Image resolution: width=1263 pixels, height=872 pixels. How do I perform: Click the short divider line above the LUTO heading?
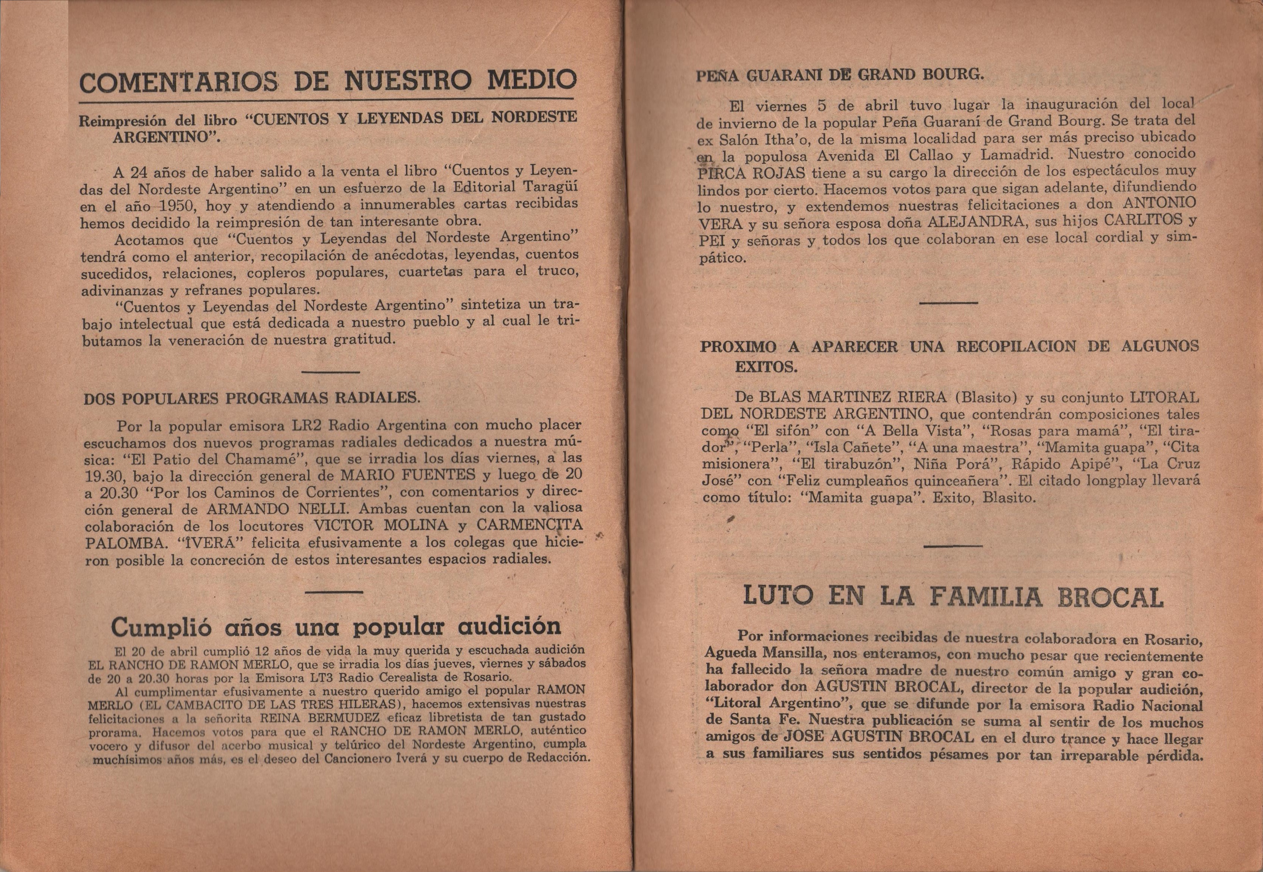click(x=952, y=546)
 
